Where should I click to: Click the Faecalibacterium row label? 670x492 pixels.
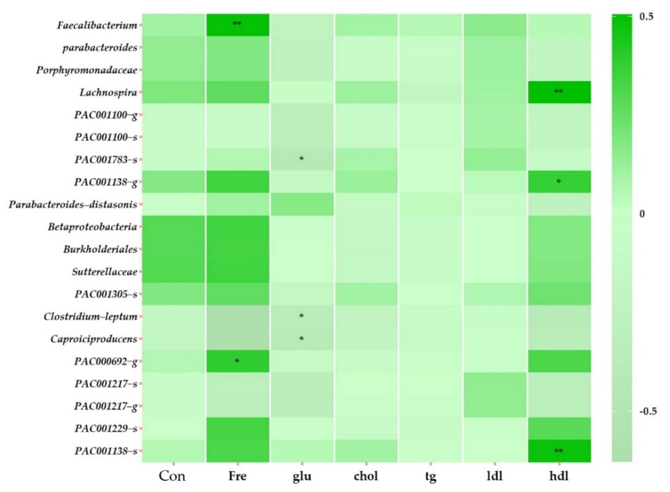click(x=97, y=25)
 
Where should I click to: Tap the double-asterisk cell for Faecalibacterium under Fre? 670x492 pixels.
click(x=237, y=23)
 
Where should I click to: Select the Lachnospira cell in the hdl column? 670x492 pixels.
click(x=559, y=92)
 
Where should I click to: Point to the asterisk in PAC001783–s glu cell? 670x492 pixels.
click(x=301, y=158)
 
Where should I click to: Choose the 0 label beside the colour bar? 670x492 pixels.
click(x=642, y=214)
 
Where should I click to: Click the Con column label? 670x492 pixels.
click(x=172, y=476)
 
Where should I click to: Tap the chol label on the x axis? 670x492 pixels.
click(x=366, y=476)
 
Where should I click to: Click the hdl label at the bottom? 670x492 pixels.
click(x=559, y=476)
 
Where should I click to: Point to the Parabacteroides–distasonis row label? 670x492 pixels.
click(x=73, y=205)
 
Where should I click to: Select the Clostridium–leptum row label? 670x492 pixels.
click(x=90, y=316)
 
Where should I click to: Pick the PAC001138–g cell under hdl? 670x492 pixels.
click(x=559, y=182)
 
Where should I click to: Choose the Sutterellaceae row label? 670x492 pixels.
click(x=104, y=272)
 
